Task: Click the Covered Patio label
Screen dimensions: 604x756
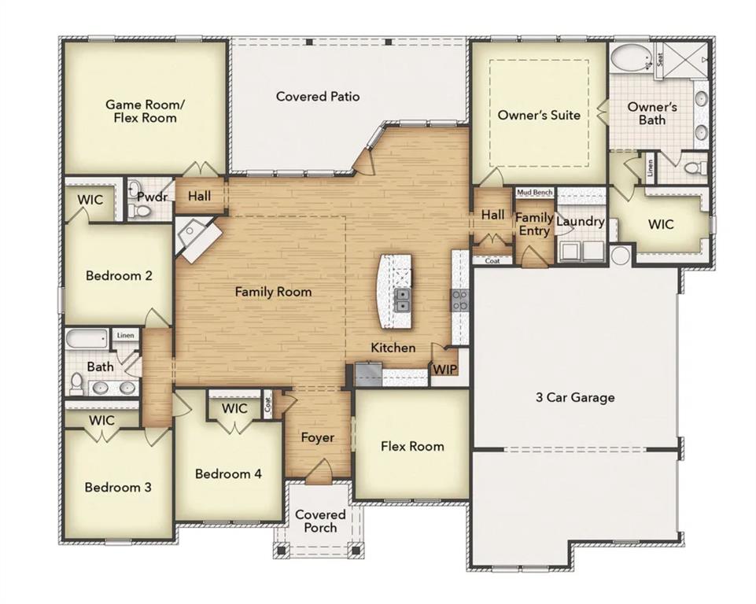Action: pyautogui.click(x=318, y=96)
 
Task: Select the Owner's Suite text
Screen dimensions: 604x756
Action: pyautogui.click(x=539, y=115)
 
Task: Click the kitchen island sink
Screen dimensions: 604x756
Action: pyautogui.click(x=402, y=300)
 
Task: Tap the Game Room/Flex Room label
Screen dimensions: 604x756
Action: pyautogui.click(x=142, y=111)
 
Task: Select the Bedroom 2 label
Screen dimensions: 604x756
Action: pyautogui.click(x=119, y=276)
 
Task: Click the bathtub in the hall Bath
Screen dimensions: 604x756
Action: pyautogui.click(x=87, y=340)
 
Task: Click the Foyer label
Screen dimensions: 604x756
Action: pyautogui.click(x=318, y=437)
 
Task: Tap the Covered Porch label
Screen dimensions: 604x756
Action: pyautogui.click(x=320, y=521)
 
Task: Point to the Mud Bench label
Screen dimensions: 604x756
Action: pyautogui.click(x=534, y=192)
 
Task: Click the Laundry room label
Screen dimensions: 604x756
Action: pyautogui.click(x=580, y=222)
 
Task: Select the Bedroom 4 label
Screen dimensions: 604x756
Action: pyautogui.click(x=228, y=474)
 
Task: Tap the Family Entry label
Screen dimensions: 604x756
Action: pyautogui.click(x=534, y=224)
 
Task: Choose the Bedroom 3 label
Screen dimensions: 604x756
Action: pyautogui.click(x=118, y=488)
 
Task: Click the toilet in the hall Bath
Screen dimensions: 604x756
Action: pyautogui.click(x=76, y=383)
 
